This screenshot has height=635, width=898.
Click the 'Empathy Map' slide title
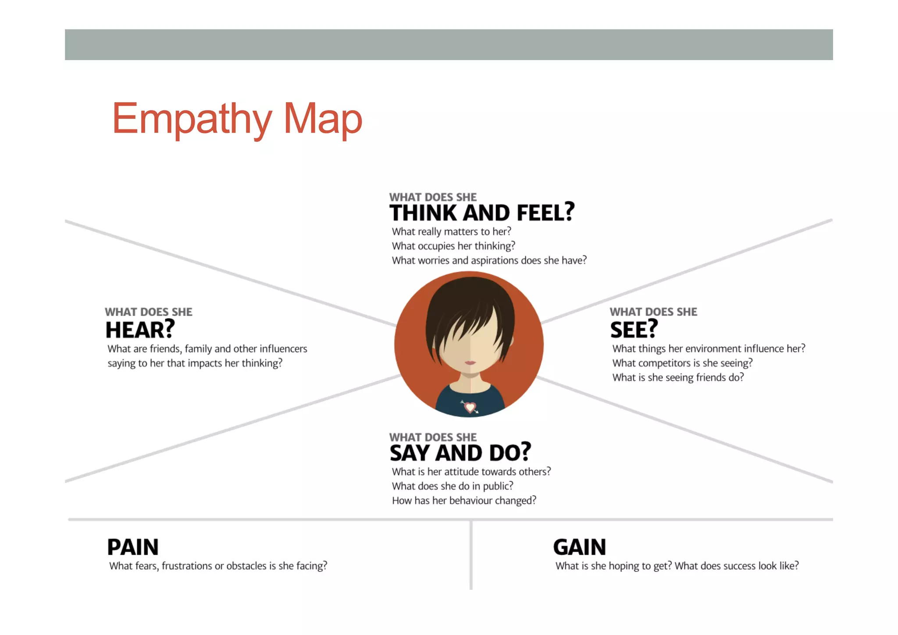coord(237,118)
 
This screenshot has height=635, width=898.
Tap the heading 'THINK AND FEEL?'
coord(482,213)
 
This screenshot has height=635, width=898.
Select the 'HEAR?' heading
coord(140,330)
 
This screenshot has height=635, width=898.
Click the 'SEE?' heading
coord(634,330)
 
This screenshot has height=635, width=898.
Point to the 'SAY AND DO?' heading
coord(460,453)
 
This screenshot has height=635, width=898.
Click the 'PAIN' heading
coord(133,547)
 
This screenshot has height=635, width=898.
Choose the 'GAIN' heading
coord(579,547)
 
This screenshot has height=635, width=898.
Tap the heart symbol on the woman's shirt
coord(470,407)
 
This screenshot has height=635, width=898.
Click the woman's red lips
coord(470,362)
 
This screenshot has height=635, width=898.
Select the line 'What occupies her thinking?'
coord(453,246)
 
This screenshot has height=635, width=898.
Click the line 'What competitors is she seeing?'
coord(682,363)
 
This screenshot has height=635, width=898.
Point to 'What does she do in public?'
coord(453,486)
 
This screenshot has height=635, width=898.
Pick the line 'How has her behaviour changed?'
coord(464,501)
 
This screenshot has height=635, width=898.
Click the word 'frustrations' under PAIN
coord(187,566)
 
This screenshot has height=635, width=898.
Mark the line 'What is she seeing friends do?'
coord(678,378)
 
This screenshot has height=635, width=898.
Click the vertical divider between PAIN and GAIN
coord(471,555)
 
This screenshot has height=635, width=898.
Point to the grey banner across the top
coord(449,45)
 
